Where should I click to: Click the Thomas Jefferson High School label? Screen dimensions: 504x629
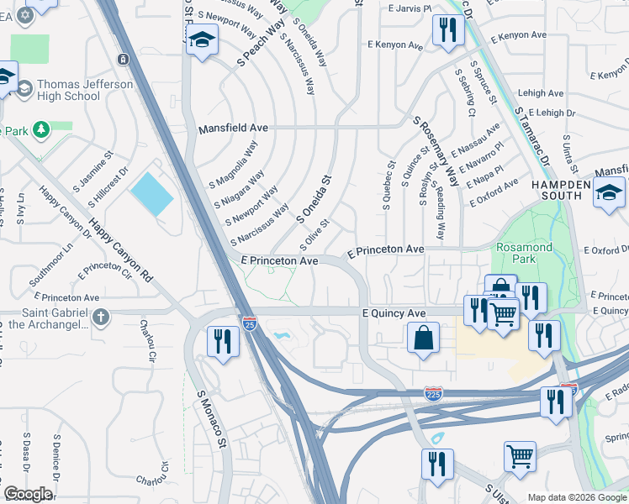(x=75, y=90)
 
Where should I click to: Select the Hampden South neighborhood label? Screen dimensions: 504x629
(x=557, y=189)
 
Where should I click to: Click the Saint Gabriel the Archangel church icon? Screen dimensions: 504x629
(x=100, y=317)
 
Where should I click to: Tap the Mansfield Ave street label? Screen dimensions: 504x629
(x=233, y=129)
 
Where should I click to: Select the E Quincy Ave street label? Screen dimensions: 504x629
(x=394, y=312)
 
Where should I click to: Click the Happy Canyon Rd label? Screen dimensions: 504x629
(x=119, y=250)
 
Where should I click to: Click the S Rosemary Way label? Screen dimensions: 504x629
(x=436, y=150)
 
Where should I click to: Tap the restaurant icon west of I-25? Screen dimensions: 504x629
(x=222, y=341)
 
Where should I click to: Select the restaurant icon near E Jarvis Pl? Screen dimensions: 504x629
(x=447, y=30)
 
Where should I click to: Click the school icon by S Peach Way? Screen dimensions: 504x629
(x=202, y=40)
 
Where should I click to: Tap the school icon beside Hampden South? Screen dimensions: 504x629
(x=609, y=192)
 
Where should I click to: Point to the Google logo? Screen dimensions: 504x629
(x=28, y=494)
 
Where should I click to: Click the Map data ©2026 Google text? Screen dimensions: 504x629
(x=577, y=497)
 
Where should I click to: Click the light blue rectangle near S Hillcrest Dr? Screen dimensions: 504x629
(x=151, y=192)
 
